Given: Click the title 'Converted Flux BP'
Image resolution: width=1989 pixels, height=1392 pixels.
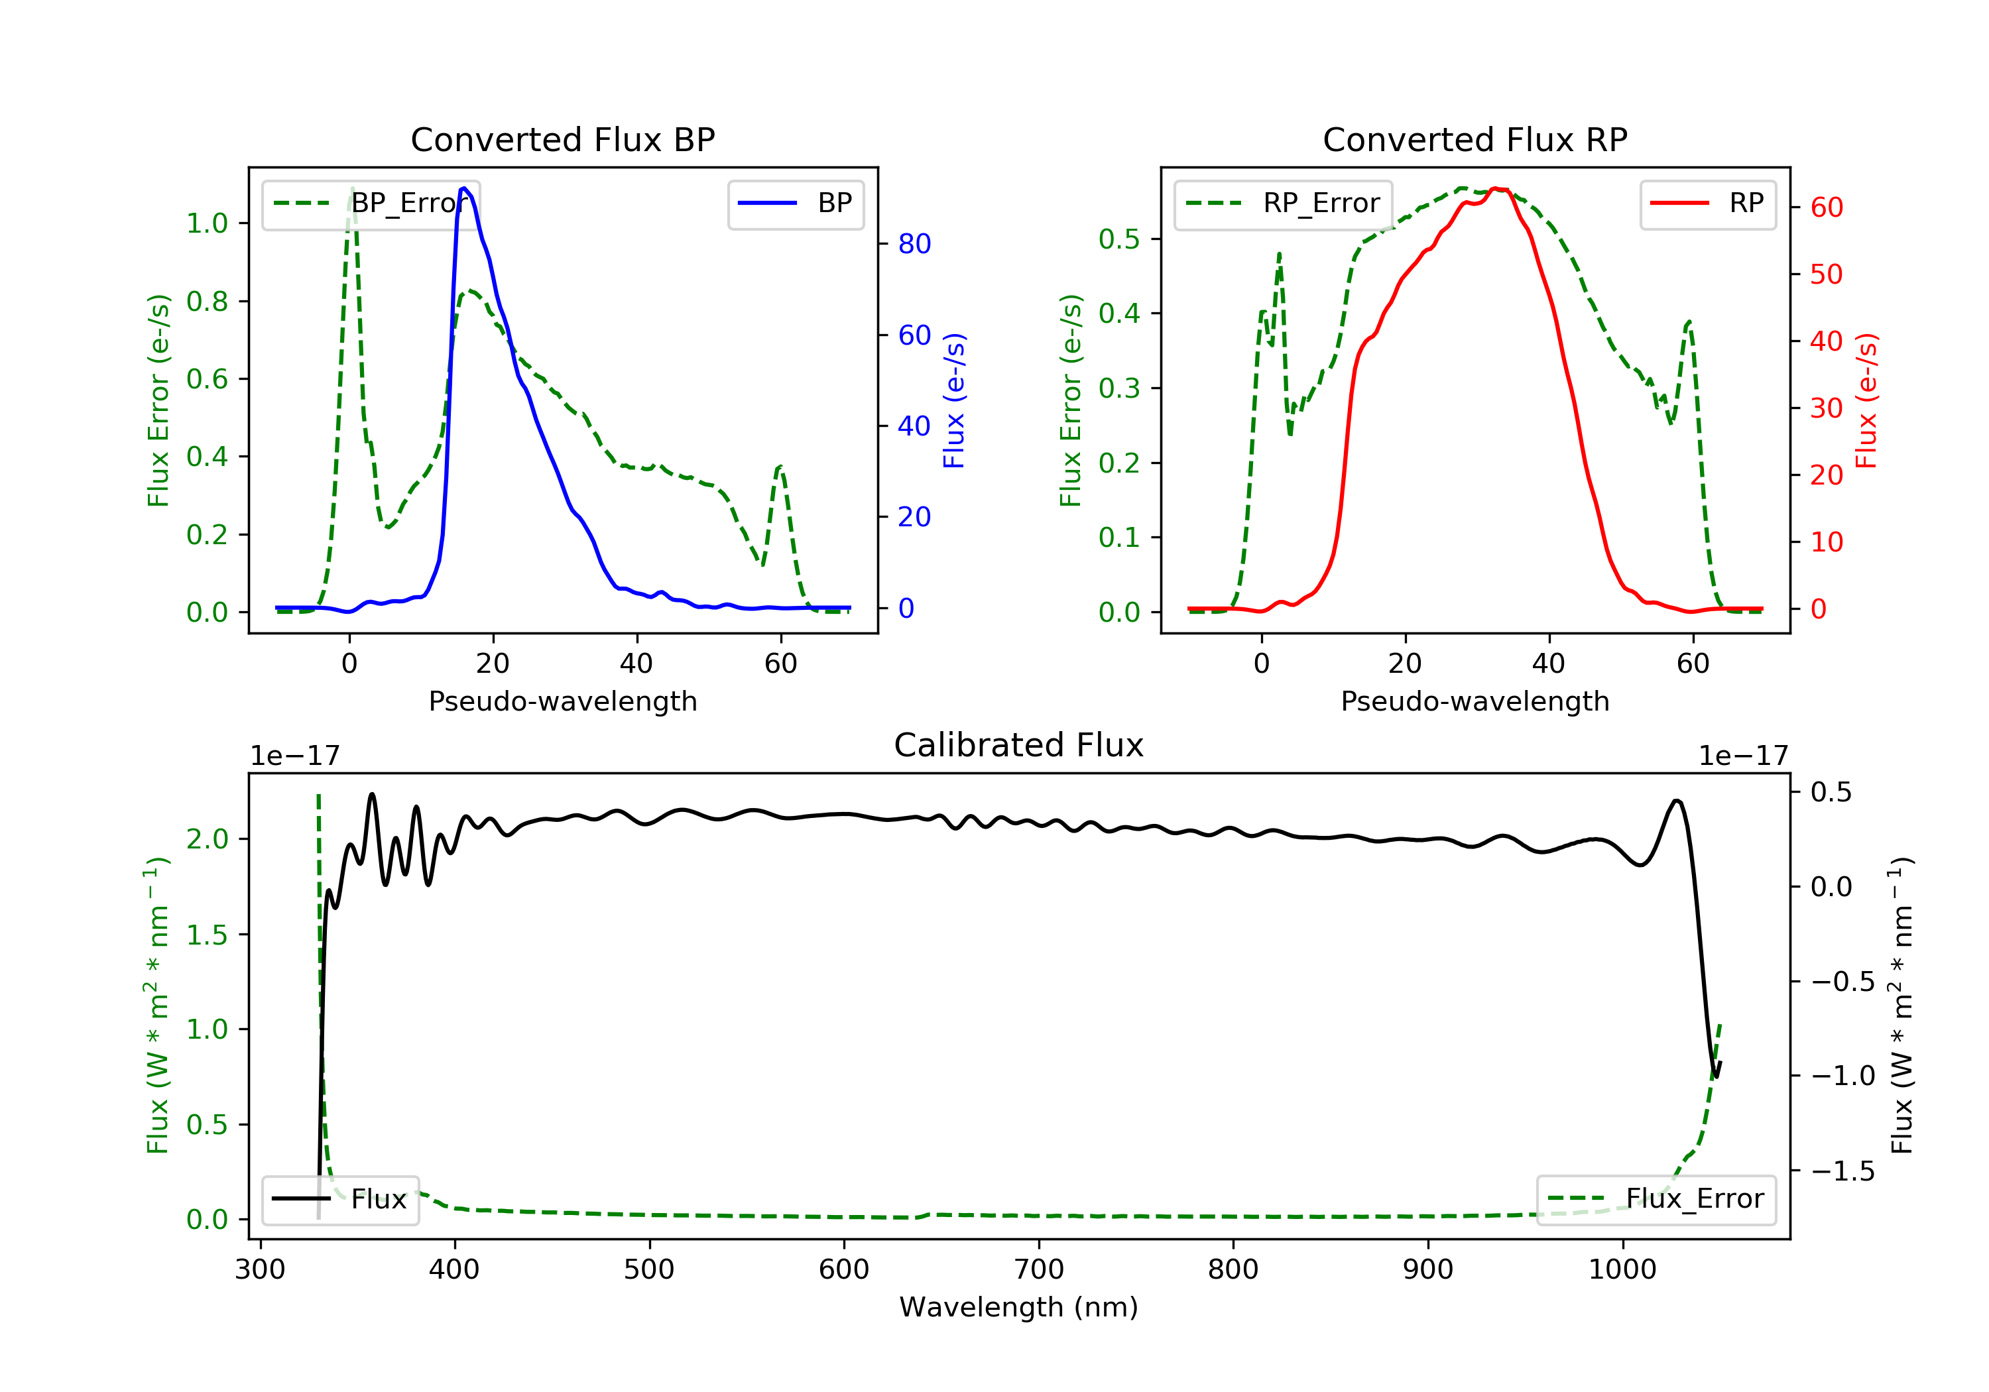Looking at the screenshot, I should pyautogui.click(x=562, y=139).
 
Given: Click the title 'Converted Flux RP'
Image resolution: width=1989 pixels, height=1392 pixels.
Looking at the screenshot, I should pyautogui.click(x=1475, y=139).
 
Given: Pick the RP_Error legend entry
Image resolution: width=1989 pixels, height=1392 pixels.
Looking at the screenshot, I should pyautogui.click(x=1283, y=203).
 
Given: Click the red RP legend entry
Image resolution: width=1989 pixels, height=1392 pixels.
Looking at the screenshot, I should pyautogui.click(x=1707, y=203).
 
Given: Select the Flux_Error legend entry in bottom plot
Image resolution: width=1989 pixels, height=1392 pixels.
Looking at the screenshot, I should pyautogui.click(x=1656, y=1199).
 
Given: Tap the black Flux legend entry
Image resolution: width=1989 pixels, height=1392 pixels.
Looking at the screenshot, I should pyautogui.click(x=339, y=1199).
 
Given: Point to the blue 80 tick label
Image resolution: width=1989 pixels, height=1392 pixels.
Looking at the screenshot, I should pyautogui.click(x=914, y=245).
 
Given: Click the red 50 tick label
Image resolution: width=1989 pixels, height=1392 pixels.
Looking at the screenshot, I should pyautogui.click(x=1826, y=274).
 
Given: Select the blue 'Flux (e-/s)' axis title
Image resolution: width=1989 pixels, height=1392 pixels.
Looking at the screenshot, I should pyautogui.click(x=954, y=401).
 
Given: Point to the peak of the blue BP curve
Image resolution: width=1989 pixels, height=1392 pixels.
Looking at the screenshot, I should pyautogui.click(x=464, y=188).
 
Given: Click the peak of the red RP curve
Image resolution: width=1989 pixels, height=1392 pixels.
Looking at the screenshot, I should pyautogui.click(x=1496, y=189).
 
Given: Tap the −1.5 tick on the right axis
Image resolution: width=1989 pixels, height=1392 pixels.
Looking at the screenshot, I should pyautogui.click(x=1842, y=1171).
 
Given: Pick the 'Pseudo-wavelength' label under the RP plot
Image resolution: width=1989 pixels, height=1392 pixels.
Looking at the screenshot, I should pyautogui.click(x=1475, y=701).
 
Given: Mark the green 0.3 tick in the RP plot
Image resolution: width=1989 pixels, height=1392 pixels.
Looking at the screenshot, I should pyautogui.click(x=1119, y=388).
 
